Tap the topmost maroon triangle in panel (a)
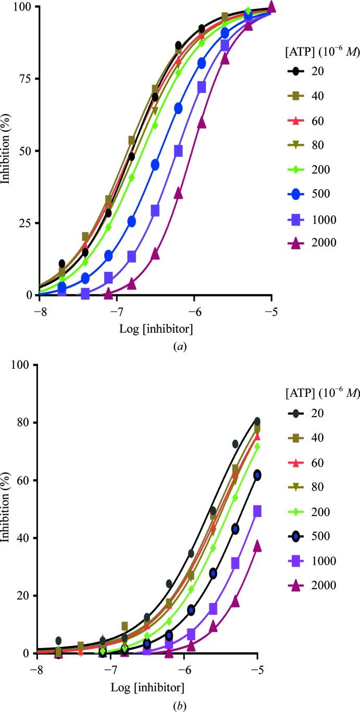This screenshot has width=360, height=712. click(x=271, y=7)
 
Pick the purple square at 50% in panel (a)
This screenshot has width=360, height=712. click(x=178, y=151)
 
